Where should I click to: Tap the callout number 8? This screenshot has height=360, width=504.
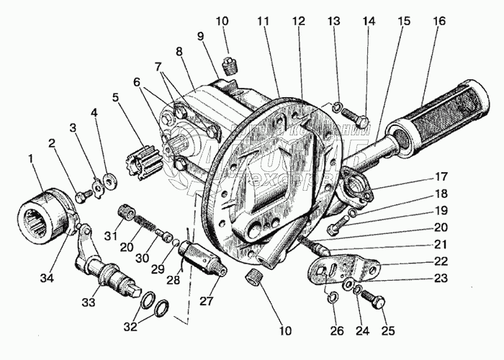[x=178, y=53]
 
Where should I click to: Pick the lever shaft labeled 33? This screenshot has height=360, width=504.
[x=108, y=274]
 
